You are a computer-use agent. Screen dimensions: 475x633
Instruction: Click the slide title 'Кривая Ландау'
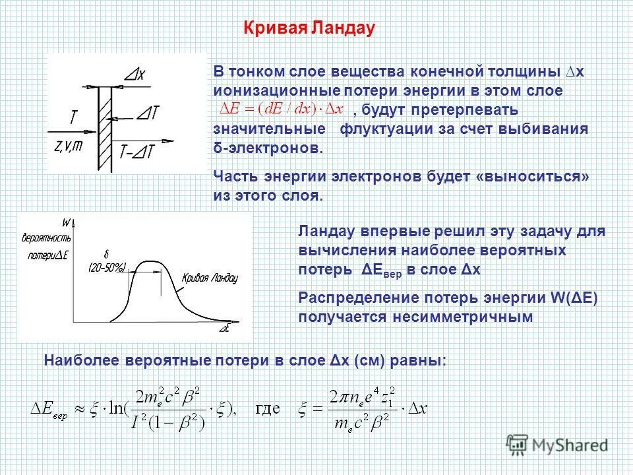pyautogui.click(x=309, y=28)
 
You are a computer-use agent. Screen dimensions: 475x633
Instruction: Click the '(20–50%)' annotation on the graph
pyautogui.click(x=108, y=267)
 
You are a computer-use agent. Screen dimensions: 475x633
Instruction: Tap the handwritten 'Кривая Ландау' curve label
pyautogui.click(x=209, y=278)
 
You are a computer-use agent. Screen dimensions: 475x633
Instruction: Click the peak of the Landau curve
pyautogui.click(x=152, y=263)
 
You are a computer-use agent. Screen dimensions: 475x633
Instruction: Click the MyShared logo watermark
pyautogui.click(x=557, y=443)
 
